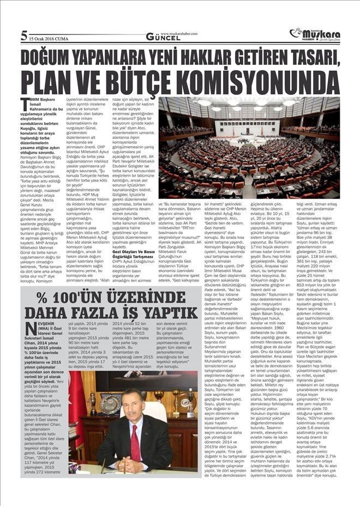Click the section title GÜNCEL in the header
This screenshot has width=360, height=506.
(x=159, y=37)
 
